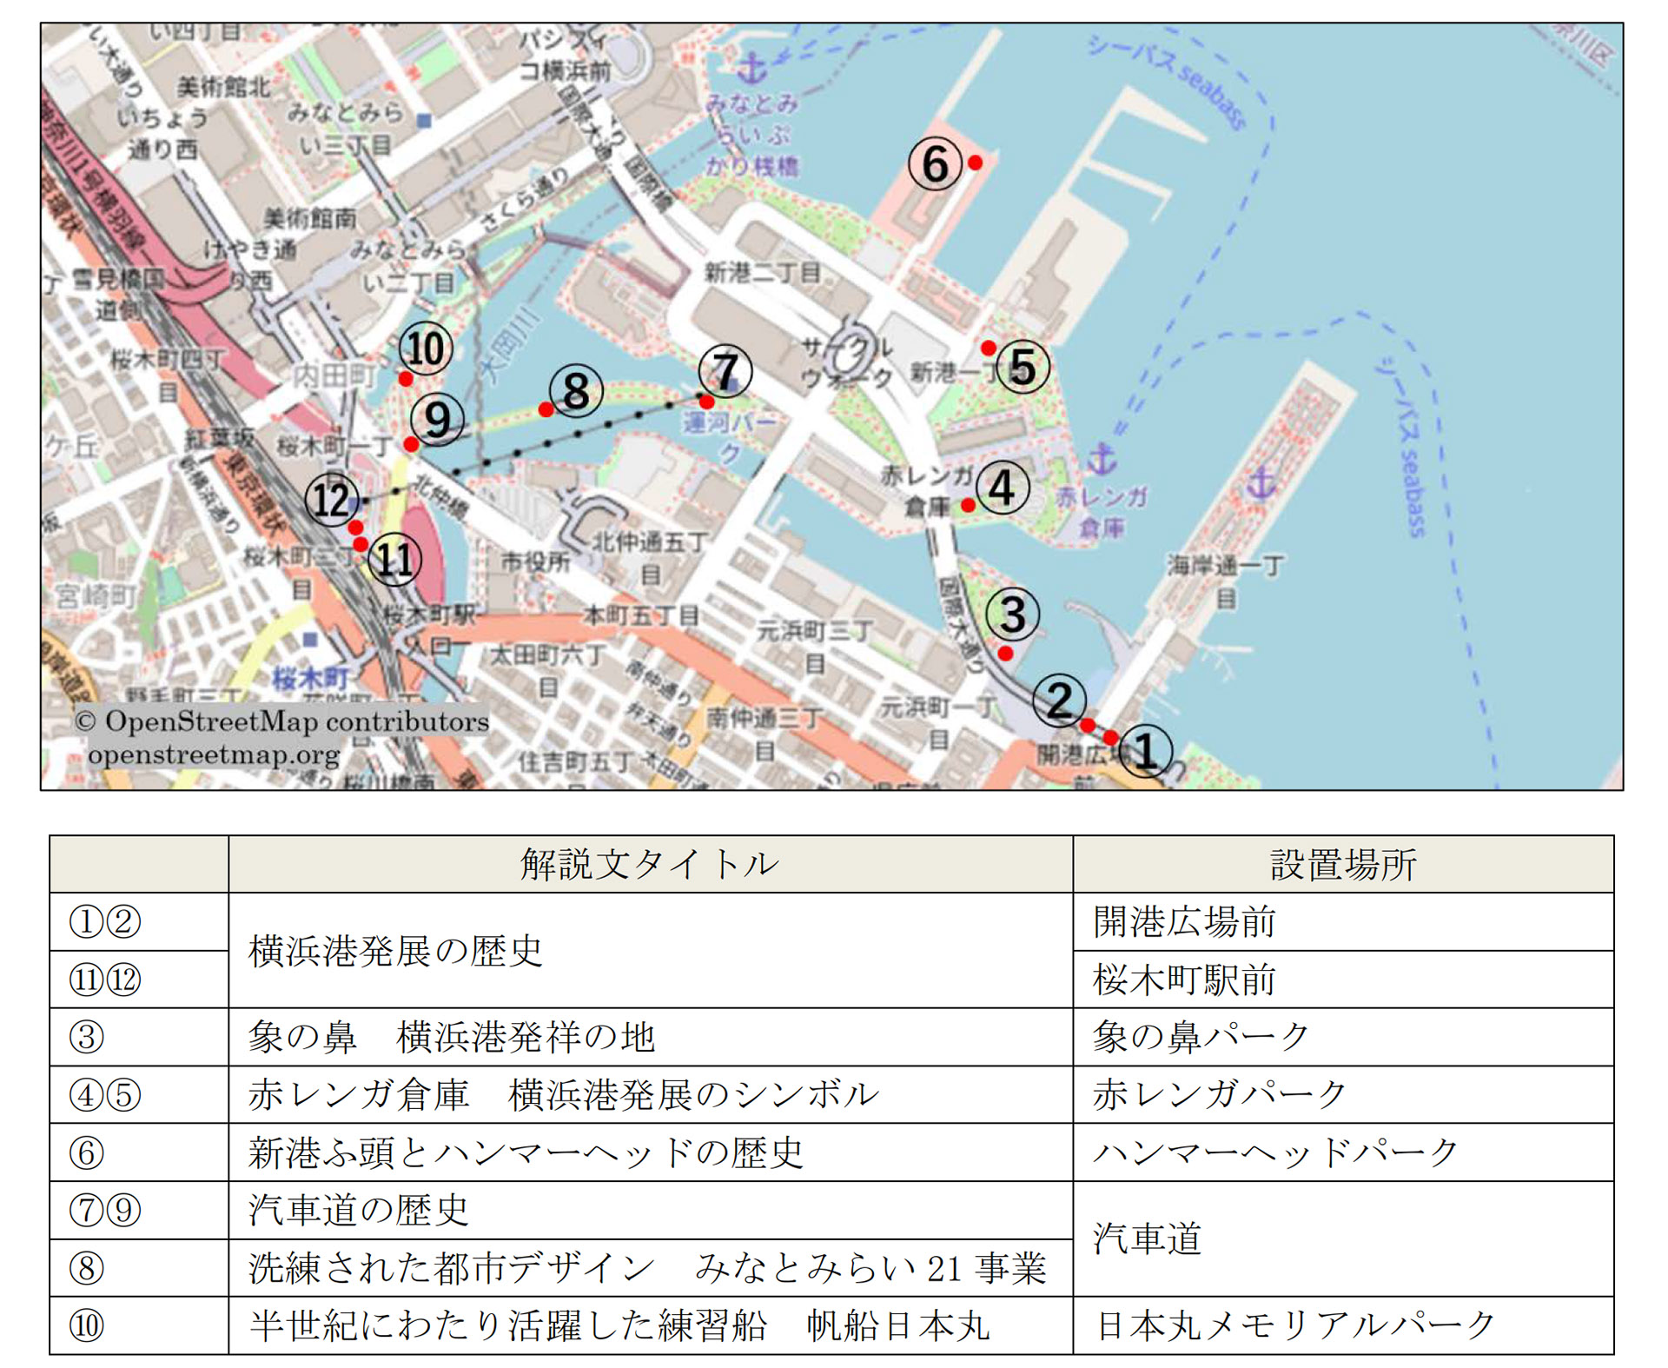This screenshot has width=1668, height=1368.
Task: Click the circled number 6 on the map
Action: tap(935, 164)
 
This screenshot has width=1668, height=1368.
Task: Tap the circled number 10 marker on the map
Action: tap(426, 349)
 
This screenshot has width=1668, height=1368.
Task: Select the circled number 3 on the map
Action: tap(1013, 614)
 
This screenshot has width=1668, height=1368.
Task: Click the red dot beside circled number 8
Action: tap(546, 409)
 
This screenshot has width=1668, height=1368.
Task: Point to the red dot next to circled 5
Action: tap(989, 349)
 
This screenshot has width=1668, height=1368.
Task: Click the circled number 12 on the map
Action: tap(331, 500)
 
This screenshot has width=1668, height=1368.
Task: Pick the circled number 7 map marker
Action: tap(725, 371)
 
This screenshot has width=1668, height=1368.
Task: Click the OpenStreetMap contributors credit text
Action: tap(282, 721)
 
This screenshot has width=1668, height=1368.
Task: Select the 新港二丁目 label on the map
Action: tap(762, 273)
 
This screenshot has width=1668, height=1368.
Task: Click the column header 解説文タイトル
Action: tap(650, 864)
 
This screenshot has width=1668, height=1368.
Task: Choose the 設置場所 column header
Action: tap(1343, 864)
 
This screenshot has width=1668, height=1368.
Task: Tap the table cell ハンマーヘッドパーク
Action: tap(1275, 1152)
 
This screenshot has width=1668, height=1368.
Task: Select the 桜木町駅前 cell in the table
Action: tap(1184, 980)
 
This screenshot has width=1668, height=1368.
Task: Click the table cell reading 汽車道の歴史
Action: tap(359, 1209)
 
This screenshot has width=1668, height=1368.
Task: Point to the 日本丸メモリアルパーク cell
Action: tap(1294, 1325)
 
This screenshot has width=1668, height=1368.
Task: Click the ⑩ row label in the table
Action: tap(87, 1325)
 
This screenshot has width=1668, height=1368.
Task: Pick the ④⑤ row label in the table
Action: tap(105, 1094)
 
